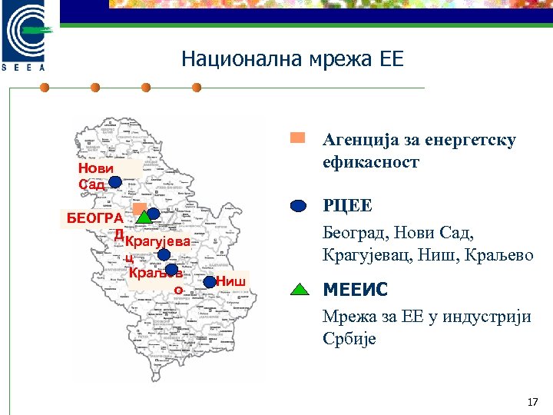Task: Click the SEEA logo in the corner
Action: (27, 35)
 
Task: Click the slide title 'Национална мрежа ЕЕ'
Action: (292, 59)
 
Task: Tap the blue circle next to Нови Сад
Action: (115, 182)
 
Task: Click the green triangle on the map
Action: (144, 217)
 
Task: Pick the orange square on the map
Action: (138, 208)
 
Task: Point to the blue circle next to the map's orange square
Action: (154, 214)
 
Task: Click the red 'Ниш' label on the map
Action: (230, 281)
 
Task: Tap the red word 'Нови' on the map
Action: (95, 169)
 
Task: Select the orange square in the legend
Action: (298, 139)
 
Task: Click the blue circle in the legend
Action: (300, 206)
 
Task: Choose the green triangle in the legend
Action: (300, 290)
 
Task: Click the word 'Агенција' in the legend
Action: (360, 140)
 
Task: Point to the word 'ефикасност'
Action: (371, 162)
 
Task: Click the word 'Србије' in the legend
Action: (349, 339)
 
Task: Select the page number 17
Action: (533, 403)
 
